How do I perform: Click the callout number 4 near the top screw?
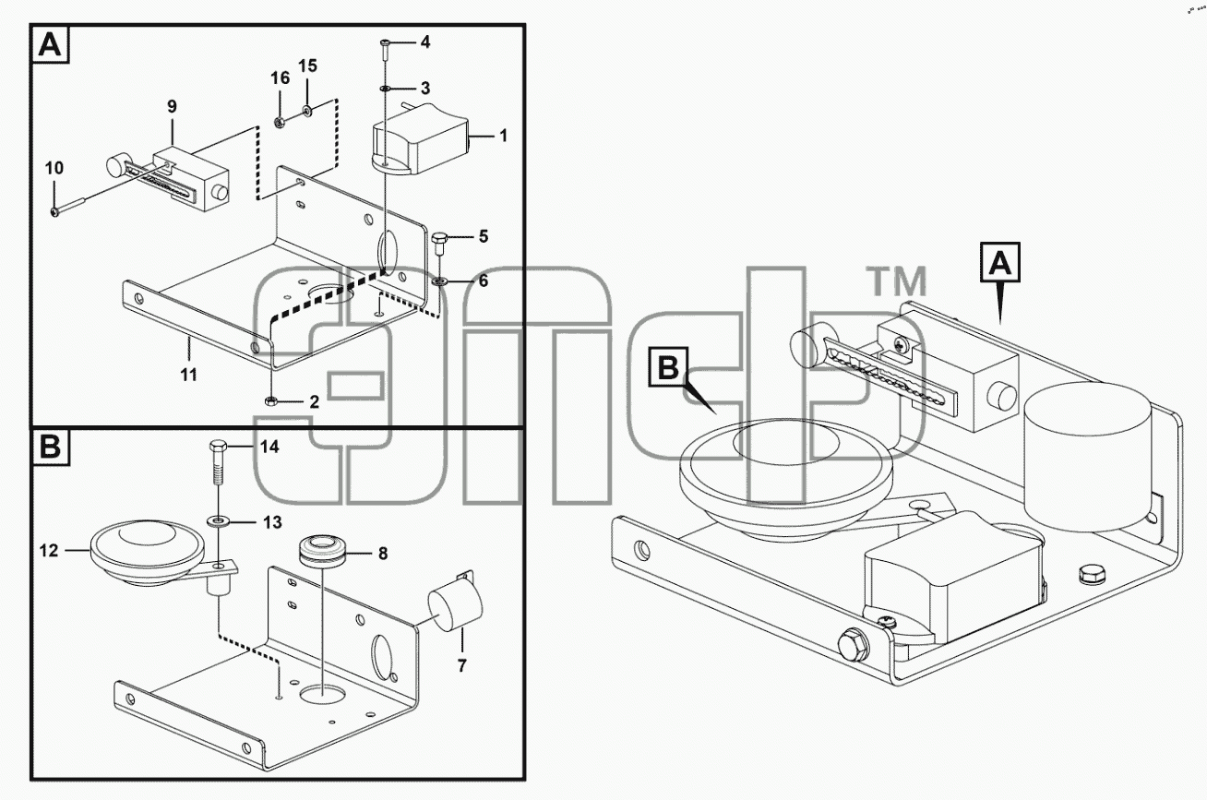[425, 42]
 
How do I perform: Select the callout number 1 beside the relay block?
[503, 136]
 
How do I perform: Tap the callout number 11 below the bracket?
[188, 374]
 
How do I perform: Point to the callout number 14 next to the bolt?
[269, 447]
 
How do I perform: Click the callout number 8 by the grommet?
[383, 554]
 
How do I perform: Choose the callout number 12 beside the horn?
[49, 550]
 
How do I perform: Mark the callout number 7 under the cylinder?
[461, 666]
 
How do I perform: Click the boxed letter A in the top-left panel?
[50, 44]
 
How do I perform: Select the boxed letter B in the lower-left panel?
[50, 447]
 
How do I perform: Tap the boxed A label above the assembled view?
[999, 262]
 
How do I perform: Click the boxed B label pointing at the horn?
[669, 367]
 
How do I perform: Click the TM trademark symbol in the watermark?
[896, 281]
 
